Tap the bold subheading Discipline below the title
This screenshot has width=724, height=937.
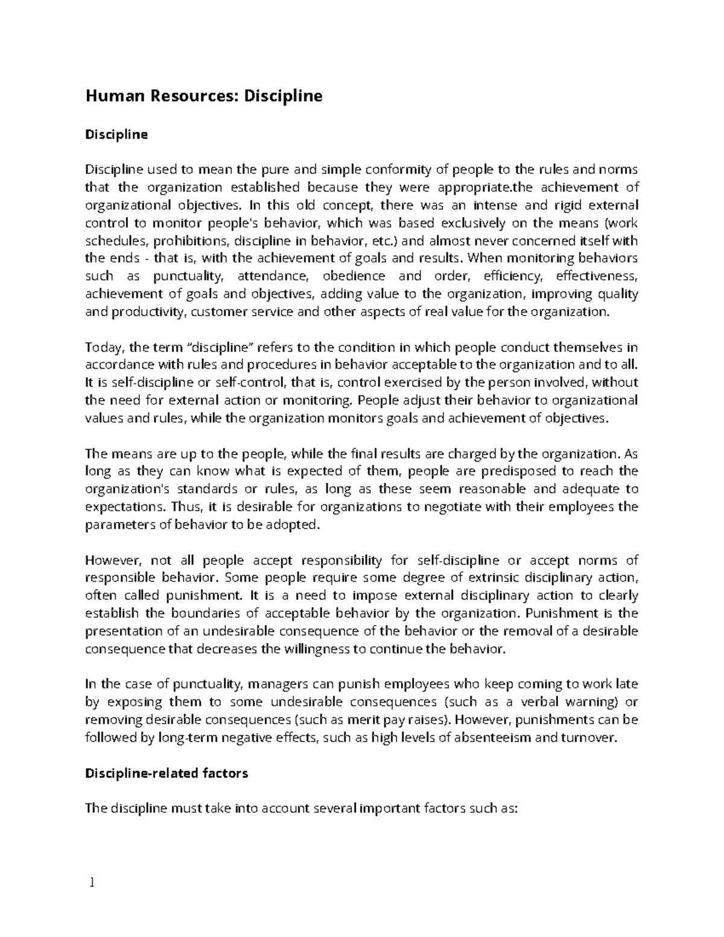tap(116, 134)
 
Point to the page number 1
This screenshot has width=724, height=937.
tap(92, 883)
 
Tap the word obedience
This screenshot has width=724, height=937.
tap(354, 276)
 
